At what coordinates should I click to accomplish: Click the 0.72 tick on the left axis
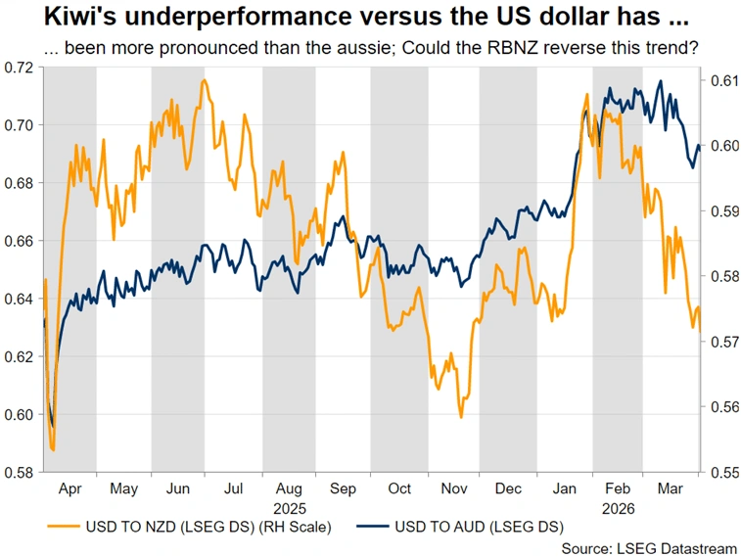coord(20,67)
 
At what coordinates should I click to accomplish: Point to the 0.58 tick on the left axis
coord(20,472)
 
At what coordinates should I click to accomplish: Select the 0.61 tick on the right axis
coord(721,80)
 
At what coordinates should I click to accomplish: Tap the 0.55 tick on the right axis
coord(721,472)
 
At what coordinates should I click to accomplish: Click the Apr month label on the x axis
coord(69,487)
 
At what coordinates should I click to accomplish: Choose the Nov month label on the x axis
coord(454,487)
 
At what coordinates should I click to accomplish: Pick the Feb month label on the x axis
coord(617,487)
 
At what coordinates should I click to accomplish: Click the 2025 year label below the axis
coord(290,509)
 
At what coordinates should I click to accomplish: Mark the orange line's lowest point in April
coord(53,450)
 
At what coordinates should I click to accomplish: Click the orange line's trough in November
coord(460,418)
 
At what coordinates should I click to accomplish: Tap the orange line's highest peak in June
coord(204,80)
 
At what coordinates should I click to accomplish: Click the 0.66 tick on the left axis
coord(20,241)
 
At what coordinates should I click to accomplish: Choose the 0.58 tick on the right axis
coord(721,276)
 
